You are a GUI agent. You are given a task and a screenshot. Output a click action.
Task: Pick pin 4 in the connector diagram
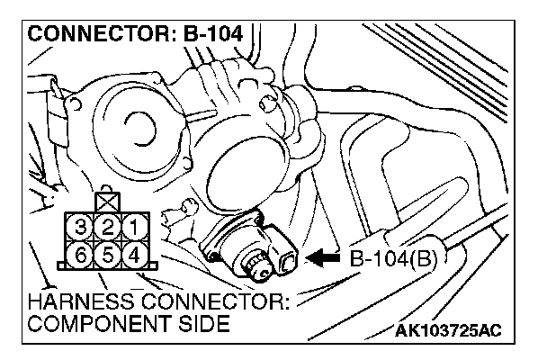(x=133, y=253)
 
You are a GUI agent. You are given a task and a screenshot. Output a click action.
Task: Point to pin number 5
(x=109, y=253)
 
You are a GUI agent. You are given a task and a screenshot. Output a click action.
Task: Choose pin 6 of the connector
(x=83, y=253)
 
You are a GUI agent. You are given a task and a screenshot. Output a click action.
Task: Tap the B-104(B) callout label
(x=391, y=260)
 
